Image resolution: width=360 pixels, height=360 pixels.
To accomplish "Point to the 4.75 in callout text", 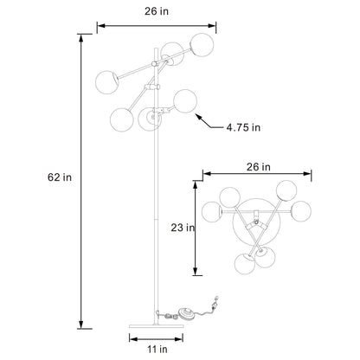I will pyautogui.click(x=243, y=125).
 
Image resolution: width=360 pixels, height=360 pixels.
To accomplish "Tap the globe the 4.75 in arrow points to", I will pyautogui.click(x=183, y=101).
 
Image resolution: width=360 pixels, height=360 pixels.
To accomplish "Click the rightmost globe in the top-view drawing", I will pyautogui.click(x=302, y=210).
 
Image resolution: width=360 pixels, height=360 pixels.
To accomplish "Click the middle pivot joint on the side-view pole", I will pyautogui.click(x=156, y=87).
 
